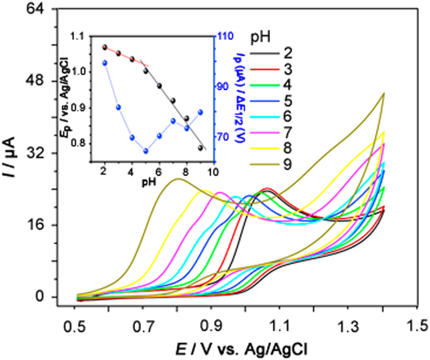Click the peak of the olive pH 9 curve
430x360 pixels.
[177, 179]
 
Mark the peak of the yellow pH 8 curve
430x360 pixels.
[206, 191]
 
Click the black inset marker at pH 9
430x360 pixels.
[200, 148]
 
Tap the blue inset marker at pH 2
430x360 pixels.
[104, 62]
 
